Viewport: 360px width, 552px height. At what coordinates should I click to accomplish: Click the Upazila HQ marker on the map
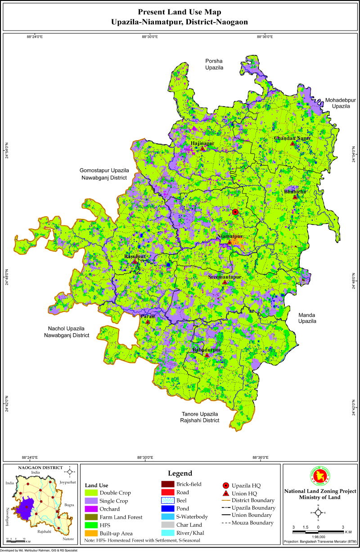tap(235, 212)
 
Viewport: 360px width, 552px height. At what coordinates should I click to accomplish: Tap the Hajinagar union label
tap(200, 143)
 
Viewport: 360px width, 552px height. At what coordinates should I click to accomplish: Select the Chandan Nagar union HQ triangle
tap(292, 144)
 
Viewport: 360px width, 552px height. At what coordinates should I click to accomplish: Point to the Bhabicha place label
tap(295, 191)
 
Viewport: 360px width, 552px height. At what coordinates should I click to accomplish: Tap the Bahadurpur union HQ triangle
tap(207, 355)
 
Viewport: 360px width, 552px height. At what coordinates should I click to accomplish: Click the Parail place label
tap(148, 317)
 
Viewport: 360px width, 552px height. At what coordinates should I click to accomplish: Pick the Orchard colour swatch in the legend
tap(92, 509)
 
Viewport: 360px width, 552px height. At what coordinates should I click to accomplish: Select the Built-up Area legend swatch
tap(92, 533)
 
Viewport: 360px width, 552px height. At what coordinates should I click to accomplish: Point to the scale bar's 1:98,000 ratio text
tap(318, 539)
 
